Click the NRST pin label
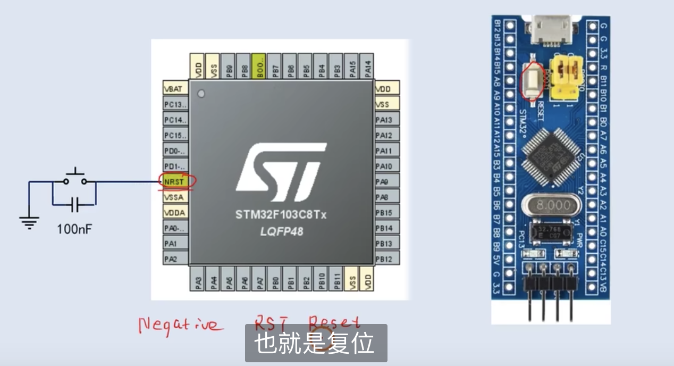(175, 181)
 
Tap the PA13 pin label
(386, 120)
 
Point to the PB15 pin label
(386, 212)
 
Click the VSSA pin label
(175, 197)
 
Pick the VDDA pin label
(175, 212)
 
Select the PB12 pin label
(386, 259)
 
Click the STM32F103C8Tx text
(281, 215)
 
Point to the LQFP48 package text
(281, 231)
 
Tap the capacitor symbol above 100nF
(74, 204)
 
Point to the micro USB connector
(551, 30)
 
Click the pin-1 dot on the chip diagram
(200, 94)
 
